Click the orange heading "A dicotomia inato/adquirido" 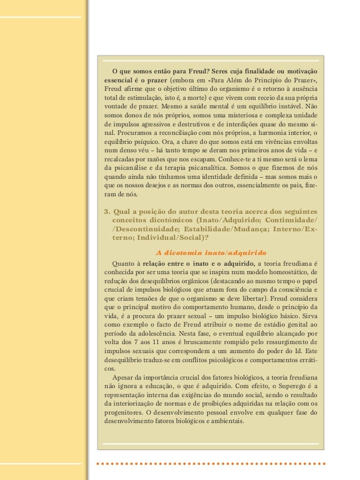click(x=211, y=252)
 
